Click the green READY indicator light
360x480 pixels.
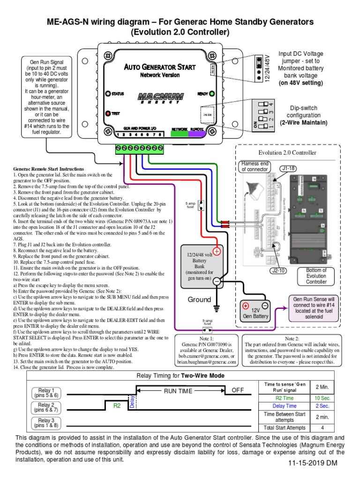click(212, 93)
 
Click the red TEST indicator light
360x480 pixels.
click(108, 113)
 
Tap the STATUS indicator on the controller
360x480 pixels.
click(107, 94)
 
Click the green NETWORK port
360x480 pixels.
click(180, 133)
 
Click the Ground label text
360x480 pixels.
click(200, 300)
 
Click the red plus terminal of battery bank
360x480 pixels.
click(217, 251)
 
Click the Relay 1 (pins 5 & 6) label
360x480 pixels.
click(46, 393)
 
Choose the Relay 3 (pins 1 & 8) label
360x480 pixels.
click(46, 422)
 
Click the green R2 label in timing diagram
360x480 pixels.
click(117, 406)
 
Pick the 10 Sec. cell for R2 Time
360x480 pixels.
click(321, 397)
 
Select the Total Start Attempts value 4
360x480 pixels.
click(321, 427)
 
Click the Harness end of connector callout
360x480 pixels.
click(255, 166)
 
